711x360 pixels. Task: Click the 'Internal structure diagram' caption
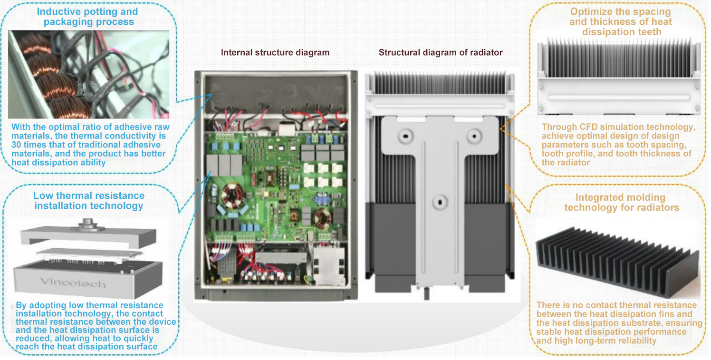275,52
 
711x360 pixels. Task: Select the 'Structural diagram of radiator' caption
441,52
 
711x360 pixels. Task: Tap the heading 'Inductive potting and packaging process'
87,17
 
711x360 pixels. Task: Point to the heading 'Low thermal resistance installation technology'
89,201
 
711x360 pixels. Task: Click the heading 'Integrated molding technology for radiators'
621,203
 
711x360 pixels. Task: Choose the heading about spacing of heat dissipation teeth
621,22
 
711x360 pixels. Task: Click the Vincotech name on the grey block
73,283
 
